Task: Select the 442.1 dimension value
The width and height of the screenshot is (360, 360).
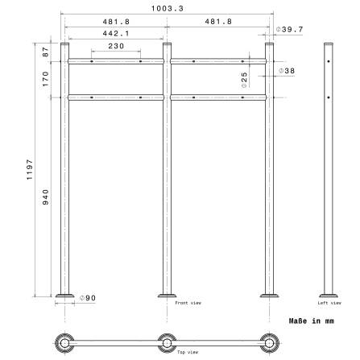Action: pos(116,34)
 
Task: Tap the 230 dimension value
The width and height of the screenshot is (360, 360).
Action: pos(116,46)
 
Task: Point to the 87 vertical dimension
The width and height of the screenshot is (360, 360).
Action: pos(46,51)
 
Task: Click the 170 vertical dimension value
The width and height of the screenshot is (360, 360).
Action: pos(46,79)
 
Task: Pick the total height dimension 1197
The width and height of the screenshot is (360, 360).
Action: pos(30,170)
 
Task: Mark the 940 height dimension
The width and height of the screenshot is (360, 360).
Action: pos(46,197)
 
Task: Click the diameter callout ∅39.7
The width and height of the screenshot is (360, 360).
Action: pos(288,30)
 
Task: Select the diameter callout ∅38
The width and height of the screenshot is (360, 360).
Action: pos(288,71)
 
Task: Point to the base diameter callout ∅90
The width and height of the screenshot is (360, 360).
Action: pos(88,297)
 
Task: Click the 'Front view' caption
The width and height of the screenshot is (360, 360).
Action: pos(188,304)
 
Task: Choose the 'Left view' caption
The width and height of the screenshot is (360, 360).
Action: pos(328,304)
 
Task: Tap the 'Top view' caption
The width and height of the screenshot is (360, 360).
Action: pos(188,352)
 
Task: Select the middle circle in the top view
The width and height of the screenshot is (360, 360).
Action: pos(167,341)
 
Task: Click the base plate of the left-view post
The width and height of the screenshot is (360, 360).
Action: pos(328,295)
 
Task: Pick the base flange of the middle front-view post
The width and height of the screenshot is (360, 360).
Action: pos(167,295)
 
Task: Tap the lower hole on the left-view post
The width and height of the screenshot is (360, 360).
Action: pos(328,97)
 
